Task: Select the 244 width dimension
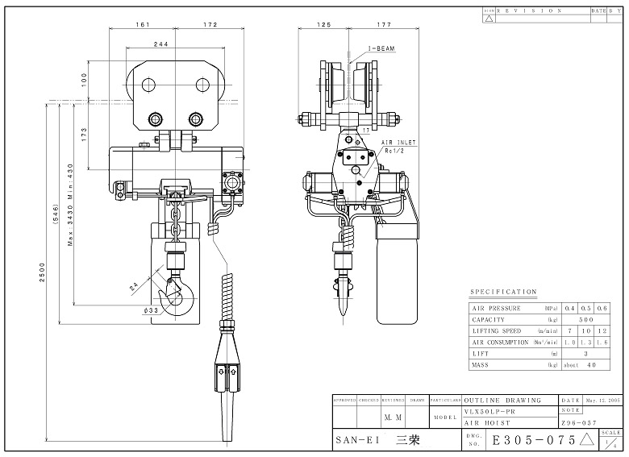click(161, 44)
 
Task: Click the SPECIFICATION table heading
click(503, 292)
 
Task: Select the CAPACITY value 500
click(586, 319)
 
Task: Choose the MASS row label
click(482, 365)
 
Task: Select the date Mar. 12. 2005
click(604, 400)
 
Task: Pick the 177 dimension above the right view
click(383, 26)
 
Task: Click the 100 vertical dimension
click(83, 78)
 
